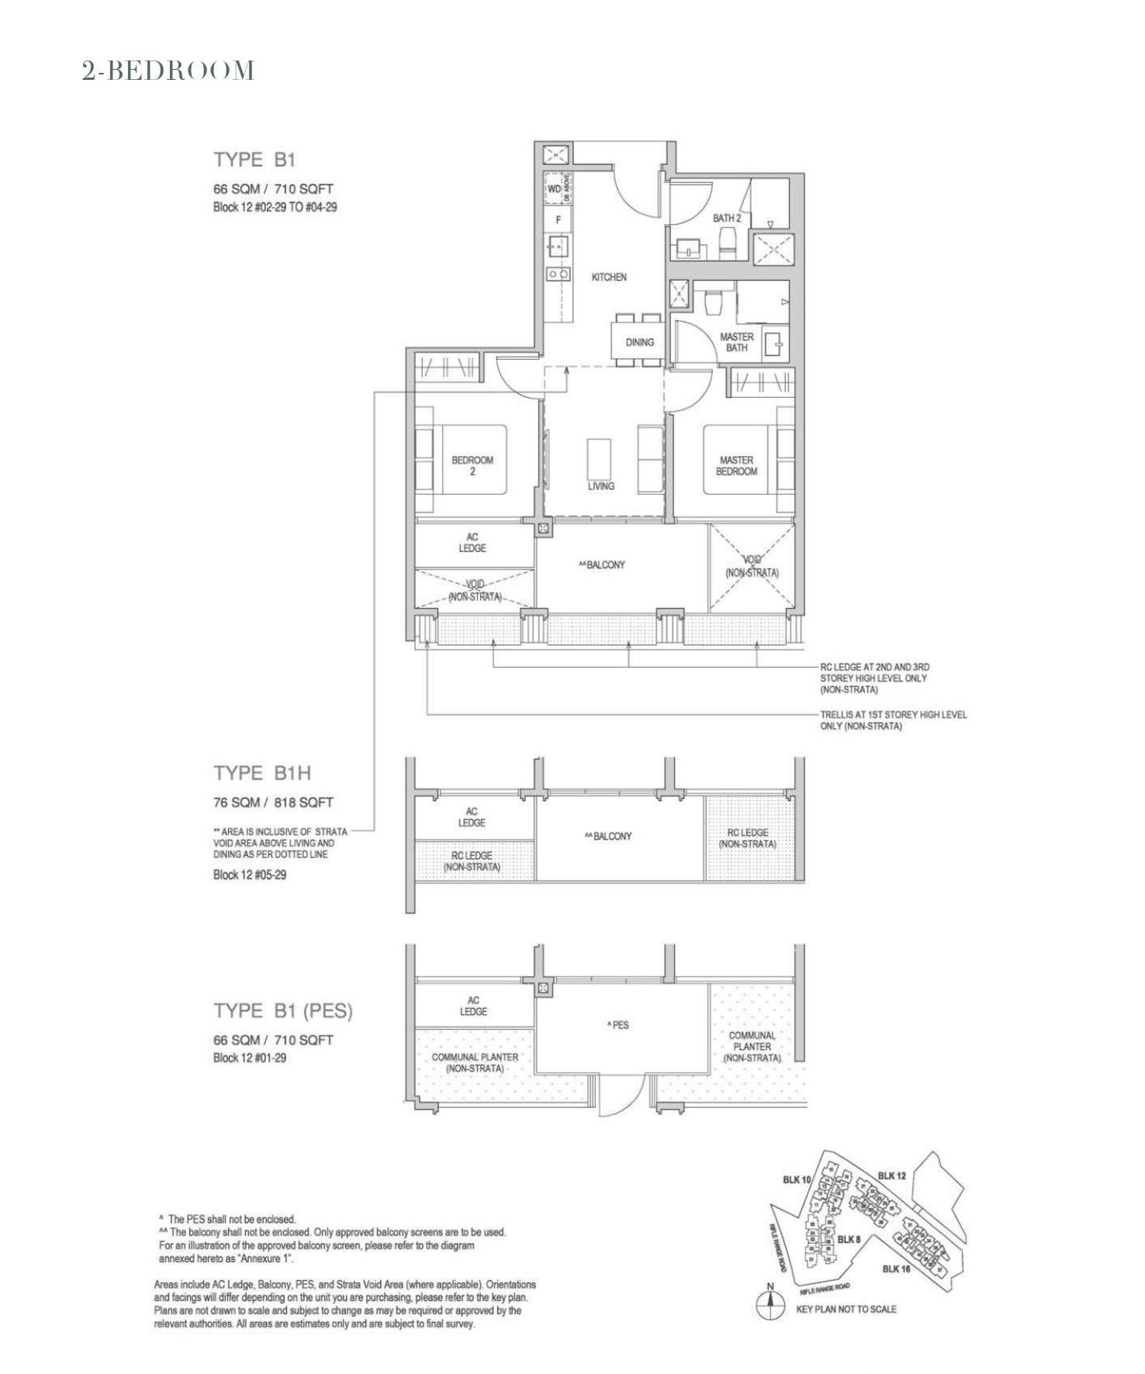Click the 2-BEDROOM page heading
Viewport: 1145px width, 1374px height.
168,71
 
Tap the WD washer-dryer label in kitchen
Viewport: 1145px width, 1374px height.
554,189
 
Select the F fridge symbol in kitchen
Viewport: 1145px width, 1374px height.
558,220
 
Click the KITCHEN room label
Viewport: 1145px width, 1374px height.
609,277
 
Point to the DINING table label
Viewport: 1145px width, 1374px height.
639,342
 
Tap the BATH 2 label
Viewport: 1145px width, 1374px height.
726,219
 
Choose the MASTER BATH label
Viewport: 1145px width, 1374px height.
736,342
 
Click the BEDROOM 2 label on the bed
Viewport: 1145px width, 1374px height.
472,465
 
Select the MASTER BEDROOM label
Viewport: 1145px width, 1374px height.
736,465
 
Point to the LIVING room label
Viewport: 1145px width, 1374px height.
600,486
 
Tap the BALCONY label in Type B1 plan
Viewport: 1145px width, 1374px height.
602,565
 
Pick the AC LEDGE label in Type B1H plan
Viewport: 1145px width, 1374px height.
472,816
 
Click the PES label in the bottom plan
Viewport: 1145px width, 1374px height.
617,1025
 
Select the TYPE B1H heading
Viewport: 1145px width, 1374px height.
262,773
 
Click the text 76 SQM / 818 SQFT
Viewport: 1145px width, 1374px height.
273,803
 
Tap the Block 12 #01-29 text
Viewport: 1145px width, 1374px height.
250,1058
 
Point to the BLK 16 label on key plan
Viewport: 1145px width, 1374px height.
896,1269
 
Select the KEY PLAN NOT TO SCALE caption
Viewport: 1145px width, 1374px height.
846,1309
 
